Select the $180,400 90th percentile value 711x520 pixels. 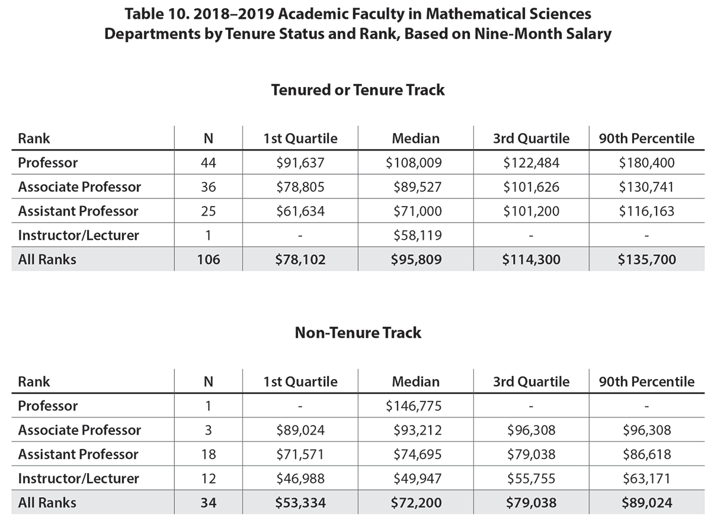pos(646,163)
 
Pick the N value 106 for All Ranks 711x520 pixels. pos(208,259)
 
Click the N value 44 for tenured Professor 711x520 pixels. pos(208,163)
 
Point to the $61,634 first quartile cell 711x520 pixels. pos(300,211)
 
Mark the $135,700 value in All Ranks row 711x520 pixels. pos(646,259)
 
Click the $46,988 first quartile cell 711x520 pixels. pos(300,479)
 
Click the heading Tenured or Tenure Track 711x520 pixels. pos(358,90)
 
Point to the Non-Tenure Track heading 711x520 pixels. pos(358,333)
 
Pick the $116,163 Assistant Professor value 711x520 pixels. pos(646,211)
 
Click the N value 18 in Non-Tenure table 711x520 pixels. pos(208,455)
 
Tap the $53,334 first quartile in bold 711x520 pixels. pos(300,503)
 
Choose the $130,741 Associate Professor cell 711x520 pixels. pos(646,187)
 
